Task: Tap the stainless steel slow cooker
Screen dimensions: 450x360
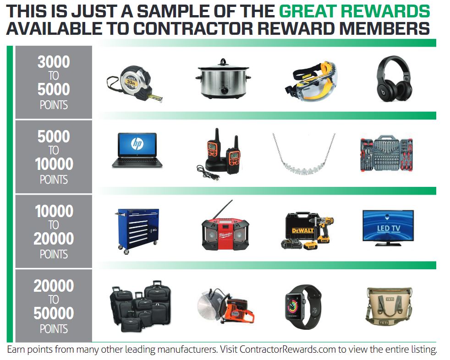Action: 223,80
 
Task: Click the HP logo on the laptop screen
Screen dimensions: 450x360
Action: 137,144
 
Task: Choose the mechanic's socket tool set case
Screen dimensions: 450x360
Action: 387,154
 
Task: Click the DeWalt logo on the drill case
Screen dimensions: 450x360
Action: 303,230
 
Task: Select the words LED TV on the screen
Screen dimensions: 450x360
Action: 388,229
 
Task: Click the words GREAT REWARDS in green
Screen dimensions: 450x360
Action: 354,11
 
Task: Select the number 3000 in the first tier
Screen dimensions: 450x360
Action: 54,62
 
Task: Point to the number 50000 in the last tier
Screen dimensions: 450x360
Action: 54,313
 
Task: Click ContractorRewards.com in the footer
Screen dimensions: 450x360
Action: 288,349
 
